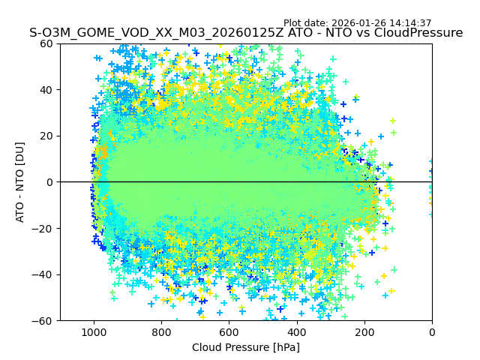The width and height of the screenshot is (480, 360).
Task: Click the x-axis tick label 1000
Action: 94,332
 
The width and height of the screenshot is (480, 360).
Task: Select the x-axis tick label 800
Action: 161,332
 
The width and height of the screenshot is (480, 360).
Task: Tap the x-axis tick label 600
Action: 229,332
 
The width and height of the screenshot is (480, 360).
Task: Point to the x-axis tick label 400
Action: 296,332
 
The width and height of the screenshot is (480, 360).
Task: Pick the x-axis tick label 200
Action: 364,332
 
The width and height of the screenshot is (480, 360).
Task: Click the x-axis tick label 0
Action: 432,332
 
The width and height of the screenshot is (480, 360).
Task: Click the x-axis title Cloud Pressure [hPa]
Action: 246,347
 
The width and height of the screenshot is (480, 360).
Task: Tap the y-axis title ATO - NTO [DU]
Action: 21,182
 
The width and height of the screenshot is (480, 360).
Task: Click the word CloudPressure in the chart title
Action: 421,33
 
